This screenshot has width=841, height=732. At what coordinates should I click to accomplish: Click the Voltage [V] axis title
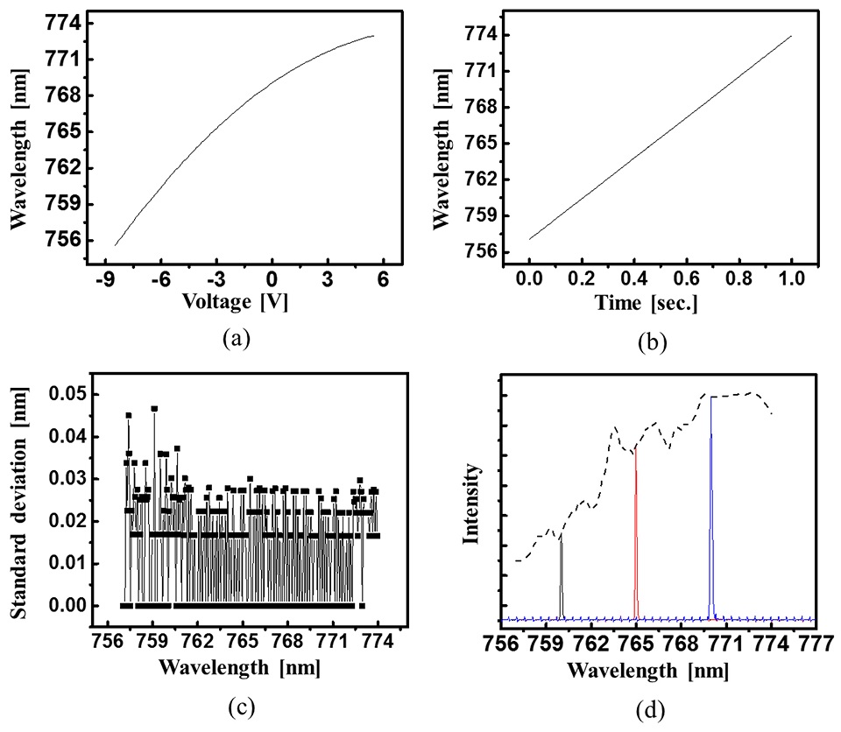[x=235, y=303]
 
